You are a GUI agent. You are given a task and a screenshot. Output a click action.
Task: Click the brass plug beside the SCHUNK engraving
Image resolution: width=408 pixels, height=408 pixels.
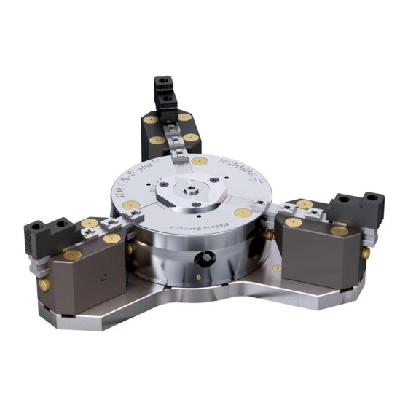coord(203,160)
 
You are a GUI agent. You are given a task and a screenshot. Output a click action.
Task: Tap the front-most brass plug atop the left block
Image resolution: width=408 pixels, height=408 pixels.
coord(73,255)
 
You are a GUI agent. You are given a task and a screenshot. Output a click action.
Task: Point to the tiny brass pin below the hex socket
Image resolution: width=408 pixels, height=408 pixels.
coord(199,278)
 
